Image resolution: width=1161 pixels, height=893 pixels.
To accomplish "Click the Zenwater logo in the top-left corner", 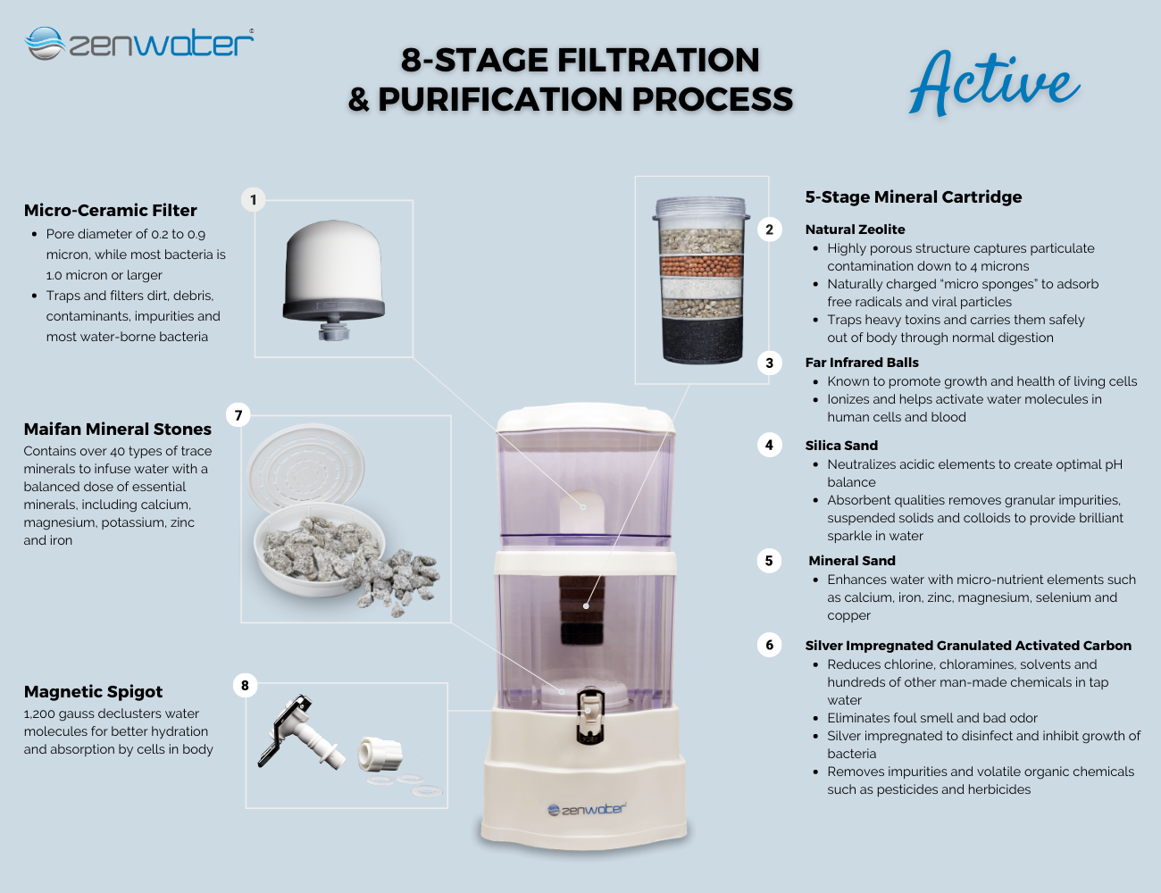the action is coord(139,43).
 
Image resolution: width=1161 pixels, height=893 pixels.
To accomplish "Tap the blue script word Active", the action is coord(994,84).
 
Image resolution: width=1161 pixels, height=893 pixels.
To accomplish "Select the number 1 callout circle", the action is coord(254,200).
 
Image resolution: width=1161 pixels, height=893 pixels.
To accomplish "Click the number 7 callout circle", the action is coord(238,415).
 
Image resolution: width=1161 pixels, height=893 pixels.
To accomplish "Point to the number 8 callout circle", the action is coord(245,685).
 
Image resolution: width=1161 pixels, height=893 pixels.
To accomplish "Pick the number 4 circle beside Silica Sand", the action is coord(769,445).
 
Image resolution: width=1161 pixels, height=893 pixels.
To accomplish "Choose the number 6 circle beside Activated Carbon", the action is coord(769,645).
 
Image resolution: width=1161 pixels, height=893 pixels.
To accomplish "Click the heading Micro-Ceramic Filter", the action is coord(110,210).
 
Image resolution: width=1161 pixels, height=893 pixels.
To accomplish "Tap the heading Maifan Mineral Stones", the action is coord(117,429).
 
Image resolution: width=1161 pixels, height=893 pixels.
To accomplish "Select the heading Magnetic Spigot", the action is coord(93,692).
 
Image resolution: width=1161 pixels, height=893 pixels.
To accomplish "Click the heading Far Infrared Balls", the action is coord(862,363).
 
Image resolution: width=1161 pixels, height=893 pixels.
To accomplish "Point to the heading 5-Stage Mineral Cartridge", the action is coord(913,196).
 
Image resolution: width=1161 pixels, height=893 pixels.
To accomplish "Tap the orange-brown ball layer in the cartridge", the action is coord(701,265).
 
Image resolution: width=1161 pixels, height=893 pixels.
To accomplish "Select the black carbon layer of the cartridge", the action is coord(702,340).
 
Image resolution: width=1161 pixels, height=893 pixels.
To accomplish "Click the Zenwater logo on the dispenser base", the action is coord(587,810).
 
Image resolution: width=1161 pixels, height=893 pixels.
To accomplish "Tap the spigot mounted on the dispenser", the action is coord(589,715).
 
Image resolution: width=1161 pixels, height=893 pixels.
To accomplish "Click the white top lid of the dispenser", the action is coord(585,418).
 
